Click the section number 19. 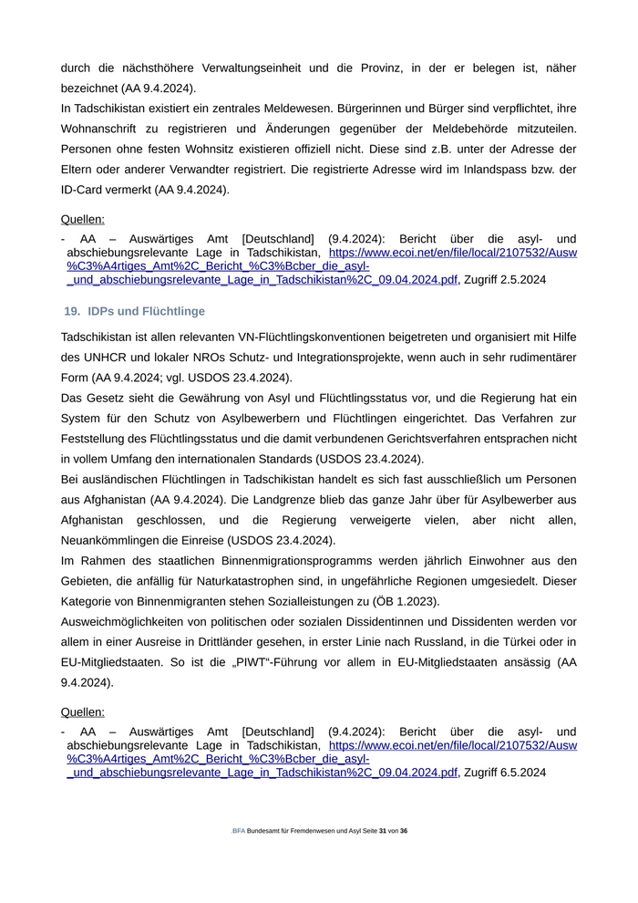(72, 311)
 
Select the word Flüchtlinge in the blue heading (175, 311)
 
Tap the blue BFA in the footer (238, 831)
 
